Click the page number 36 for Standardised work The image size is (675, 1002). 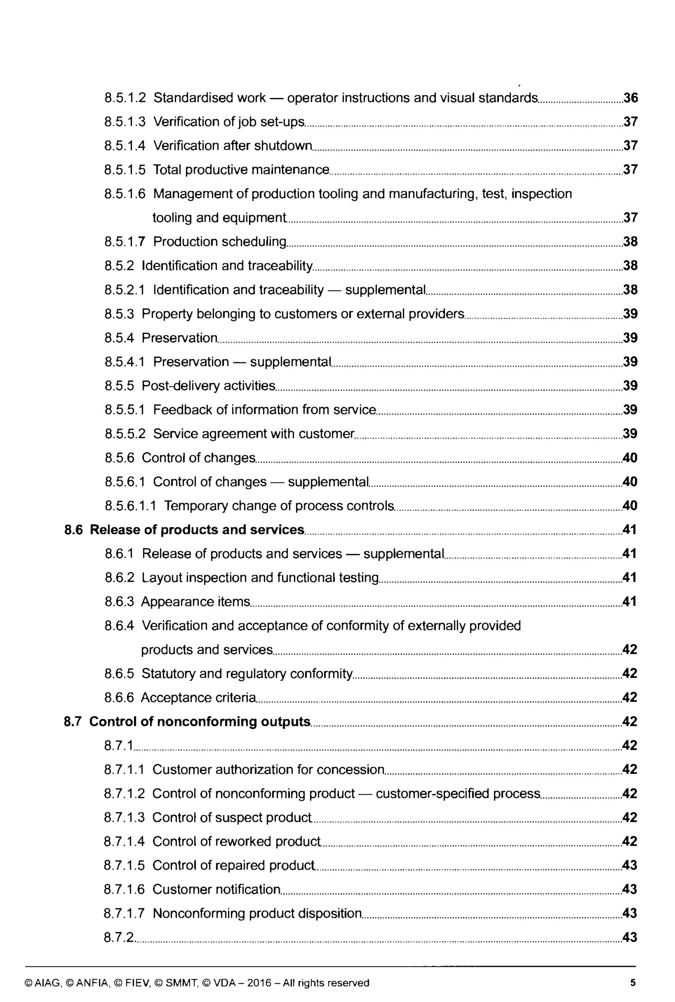630,98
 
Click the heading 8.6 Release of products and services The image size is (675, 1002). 184,529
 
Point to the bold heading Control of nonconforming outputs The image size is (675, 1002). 200,721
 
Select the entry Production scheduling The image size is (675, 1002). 220,242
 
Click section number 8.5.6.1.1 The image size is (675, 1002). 131,506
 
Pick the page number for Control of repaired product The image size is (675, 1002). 630,865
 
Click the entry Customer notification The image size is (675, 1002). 217,889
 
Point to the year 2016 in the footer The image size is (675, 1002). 259,983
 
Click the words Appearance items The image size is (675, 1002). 195,602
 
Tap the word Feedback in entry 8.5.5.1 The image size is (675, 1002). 183,410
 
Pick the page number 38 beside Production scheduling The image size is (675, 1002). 630,242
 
